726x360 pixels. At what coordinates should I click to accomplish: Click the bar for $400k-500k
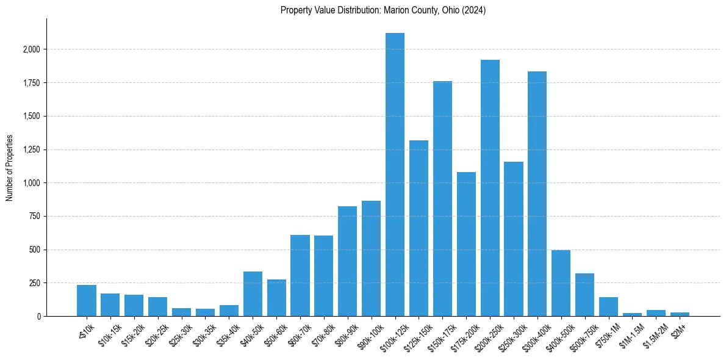(x=561, y=283)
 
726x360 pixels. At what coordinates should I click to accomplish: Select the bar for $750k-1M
(x=609, y=306)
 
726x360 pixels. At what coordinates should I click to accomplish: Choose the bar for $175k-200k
(x=466, y=244)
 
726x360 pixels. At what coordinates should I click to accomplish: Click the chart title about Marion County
(x=383, y=10)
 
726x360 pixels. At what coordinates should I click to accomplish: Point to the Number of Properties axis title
(x=10, y=167)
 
